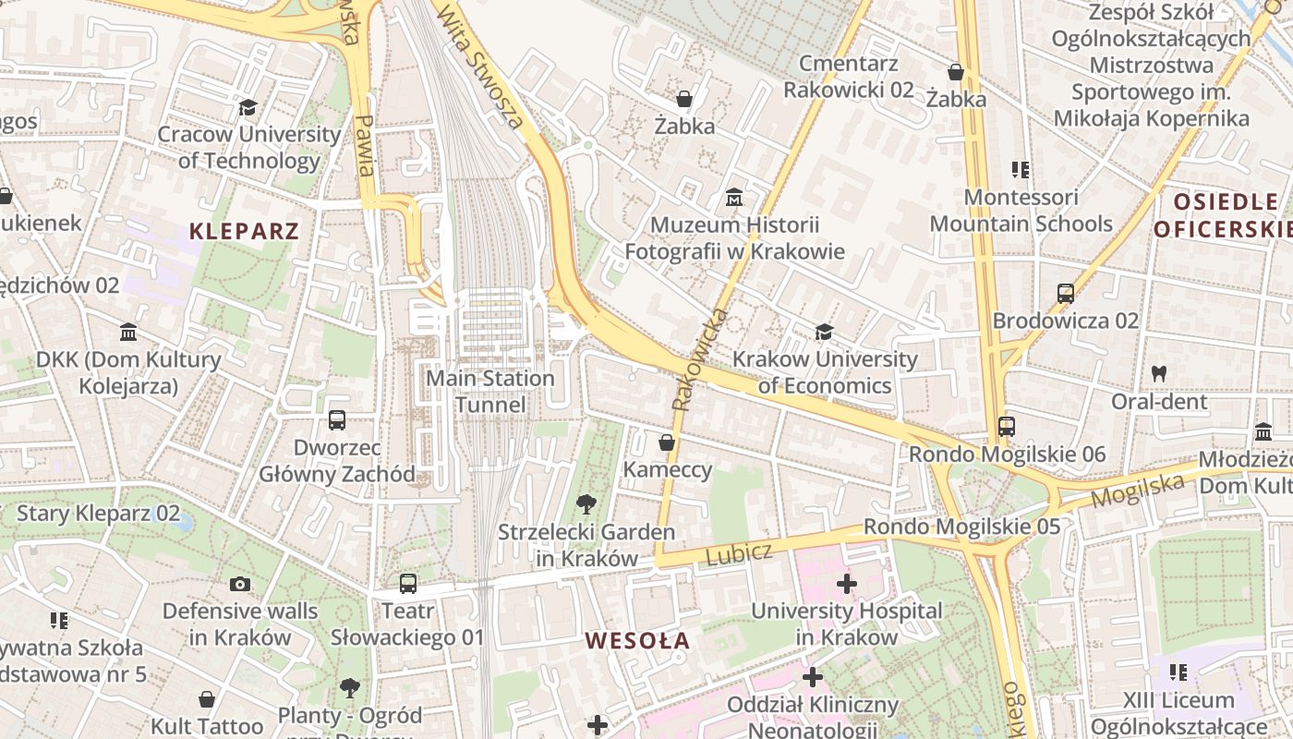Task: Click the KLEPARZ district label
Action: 245,231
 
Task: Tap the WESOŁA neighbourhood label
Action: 637,641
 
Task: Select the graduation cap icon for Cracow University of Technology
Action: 248,108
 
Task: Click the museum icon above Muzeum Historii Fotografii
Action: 734,198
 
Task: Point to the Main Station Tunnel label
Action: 490,392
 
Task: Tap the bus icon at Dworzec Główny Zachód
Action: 337,420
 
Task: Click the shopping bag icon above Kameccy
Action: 667,443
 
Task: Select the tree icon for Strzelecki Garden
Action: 586,504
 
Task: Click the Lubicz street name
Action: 738,554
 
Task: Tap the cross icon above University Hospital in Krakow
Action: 846,584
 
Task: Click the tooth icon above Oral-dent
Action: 1159,374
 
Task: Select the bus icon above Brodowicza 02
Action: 1066,294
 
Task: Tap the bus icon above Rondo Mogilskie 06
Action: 1007,427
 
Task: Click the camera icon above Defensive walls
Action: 240,584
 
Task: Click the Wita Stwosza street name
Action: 480,65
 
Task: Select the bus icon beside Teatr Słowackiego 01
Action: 408,584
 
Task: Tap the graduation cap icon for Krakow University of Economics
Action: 824,332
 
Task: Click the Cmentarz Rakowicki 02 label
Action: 848,77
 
